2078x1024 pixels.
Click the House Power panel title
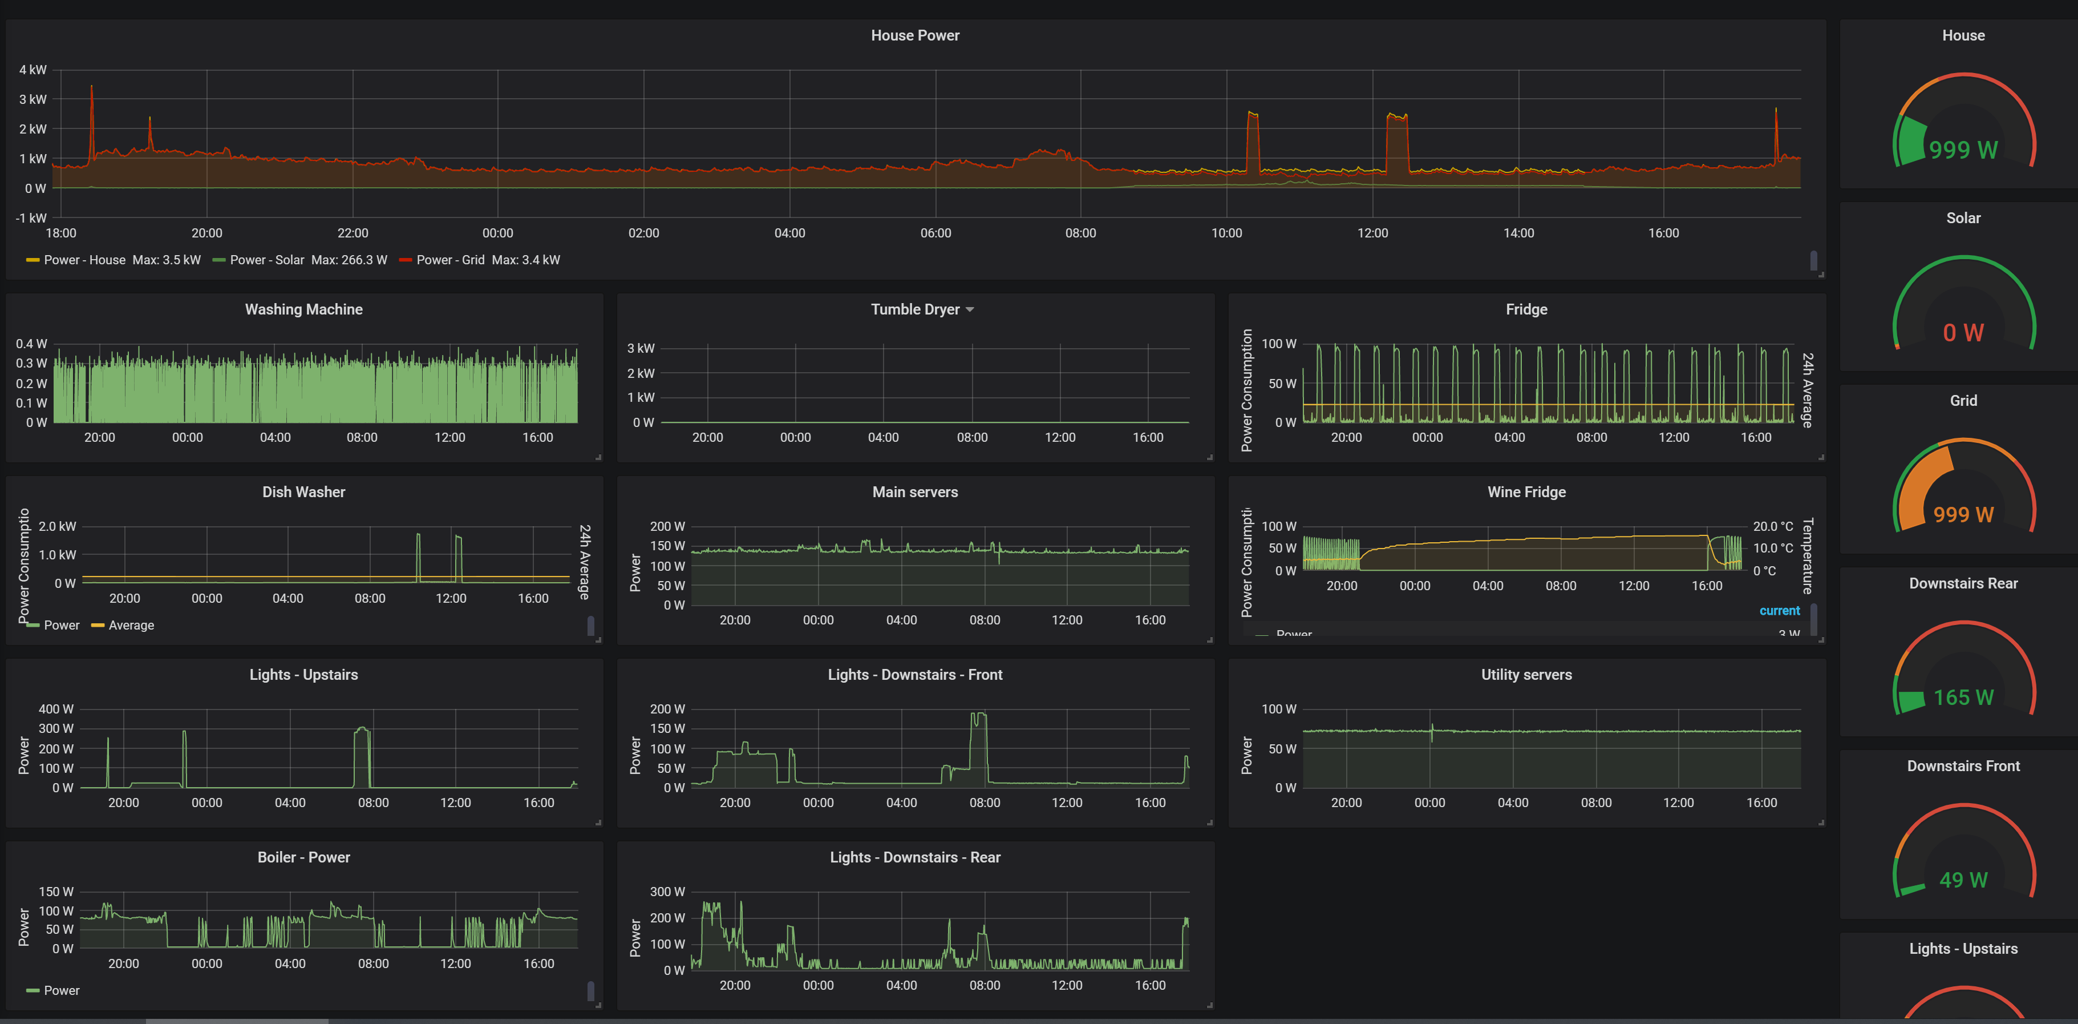[x=915, y=35]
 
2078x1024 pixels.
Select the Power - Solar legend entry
[x=266, y=260]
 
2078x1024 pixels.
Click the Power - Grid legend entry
[x=450, y=260]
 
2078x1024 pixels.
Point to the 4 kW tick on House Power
[x=33, y=70]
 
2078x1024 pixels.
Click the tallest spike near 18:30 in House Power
[x=91, y=89]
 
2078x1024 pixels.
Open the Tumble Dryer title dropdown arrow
[x=970, y=310]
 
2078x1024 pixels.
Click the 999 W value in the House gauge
[x=1963, y=150]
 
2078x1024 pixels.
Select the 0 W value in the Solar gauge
[x=1963, y=332]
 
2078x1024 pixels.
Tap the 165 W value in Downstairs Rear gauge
[x=1963, y=697]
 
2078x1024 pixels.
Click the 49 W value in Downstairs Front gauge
[x=1963, y=880]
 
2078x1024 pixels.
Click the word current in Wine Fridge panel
[x=1779, y=611]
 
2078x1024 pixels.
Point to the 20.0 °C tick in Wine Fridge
[x=1772, y=526]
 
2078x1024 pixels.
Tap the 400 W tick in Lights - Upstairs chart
[x=56, y=709]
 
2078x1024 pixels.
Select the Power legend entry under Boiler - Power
[x=61, y=990]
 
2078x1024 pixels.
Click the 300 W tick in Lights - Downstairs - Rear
[x=667, y=892]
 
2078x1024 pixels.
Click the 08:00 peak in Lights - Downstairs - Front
[x=978, y=716]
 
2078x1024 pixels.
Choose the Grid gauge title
[x=1963, y=401]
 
